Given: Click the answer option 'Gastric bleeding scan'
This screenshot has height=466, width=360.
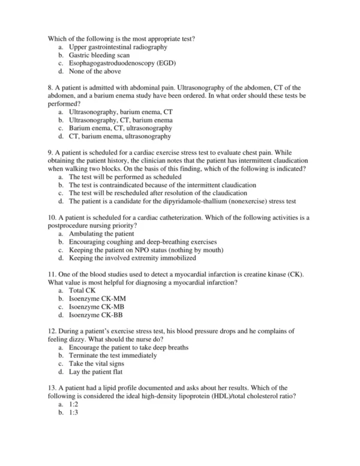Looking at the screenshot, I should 99,55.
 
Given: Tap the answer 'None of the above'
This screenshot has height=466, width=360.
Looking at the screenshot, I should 94,71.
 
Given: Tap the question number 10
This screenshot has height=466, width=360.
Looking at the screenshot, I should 51,217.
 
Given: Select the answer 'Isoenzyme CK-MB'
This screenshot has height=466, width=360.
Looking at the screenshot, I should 96,307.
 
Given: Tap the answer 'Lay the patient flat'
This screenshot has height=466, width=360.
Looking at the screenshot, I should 97,372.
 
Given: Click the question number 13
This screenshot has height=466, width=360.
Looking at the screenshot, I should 51,388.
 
